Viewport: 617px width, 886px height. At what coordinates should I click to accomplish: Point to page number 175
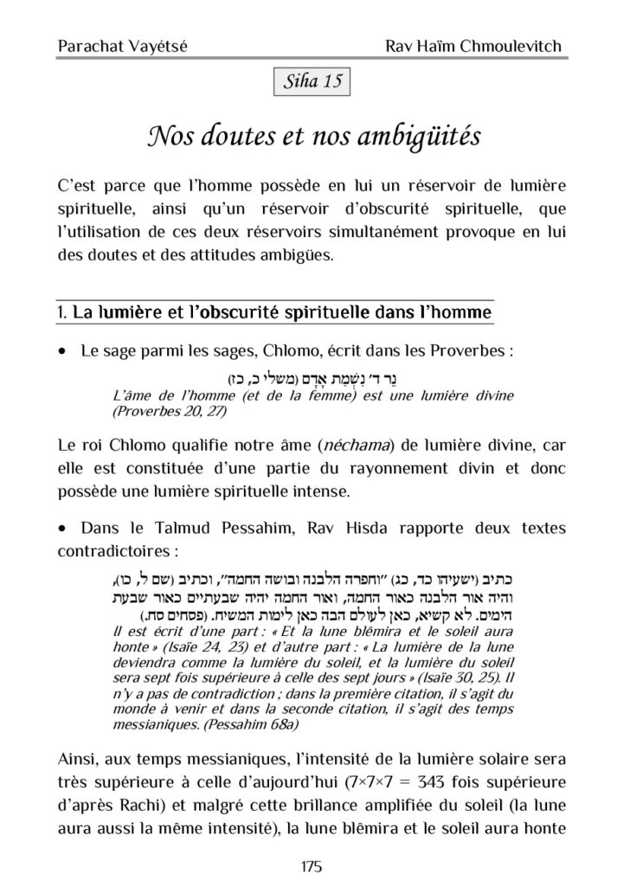click(x=309, y=866)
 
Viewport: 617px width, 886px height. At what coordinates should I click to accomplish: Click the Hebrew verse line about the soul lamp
click(x=308, y=378)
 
